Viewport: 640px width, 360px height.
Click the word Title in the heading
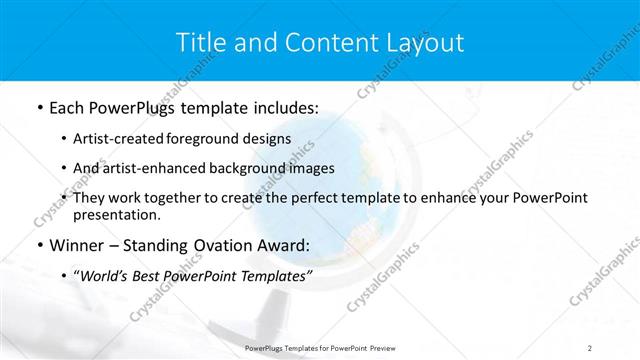pyautogui.click(x=199, y=42)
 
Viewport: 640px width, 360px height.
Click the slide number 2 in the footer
pyautogui.click(x=590, y=347)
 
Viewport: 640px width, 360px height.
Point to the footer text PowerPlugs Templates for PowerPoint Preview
pyautogui.click(x=319, y=347)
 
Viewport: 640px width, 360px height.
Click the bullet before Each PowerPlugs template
pyautogui.click(x=39, y=107)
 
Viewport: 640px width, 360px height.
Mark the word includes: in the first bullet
pyautogui.click(x=283, y=107)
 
